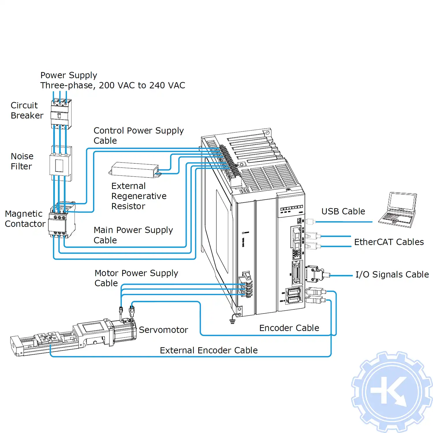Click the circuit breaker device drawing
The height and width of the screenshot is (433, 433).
(x=61, y=114)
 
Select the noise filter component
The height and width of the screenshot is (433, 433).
(x=60, y=163)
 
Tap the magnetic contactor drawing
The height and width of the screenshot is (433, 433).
(x=61, y=221)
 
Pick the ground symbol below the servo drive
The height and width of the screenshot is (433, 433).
(x=232, y=321)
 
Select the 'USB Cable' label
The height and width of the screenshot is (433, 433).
(x=343, y=211)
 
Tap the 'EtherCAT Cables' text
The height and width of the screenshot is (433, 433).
(x=389, y=242)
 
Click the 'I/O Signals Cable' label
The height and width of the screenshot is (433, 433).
(x=392, y=274)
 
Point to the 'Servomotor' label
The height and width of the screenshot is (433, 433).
(x=163, y=330)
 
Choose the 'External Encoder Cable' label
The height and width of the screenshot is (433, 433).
(x=208, y=350)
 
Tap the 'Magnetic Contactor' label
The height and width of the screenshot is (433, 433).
(x=25, y=219)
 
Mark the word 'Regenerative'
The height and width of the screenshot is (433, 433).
(x=139, y=196)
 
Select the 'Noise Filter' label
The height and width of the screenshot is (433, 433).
(x=22, y=161)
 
